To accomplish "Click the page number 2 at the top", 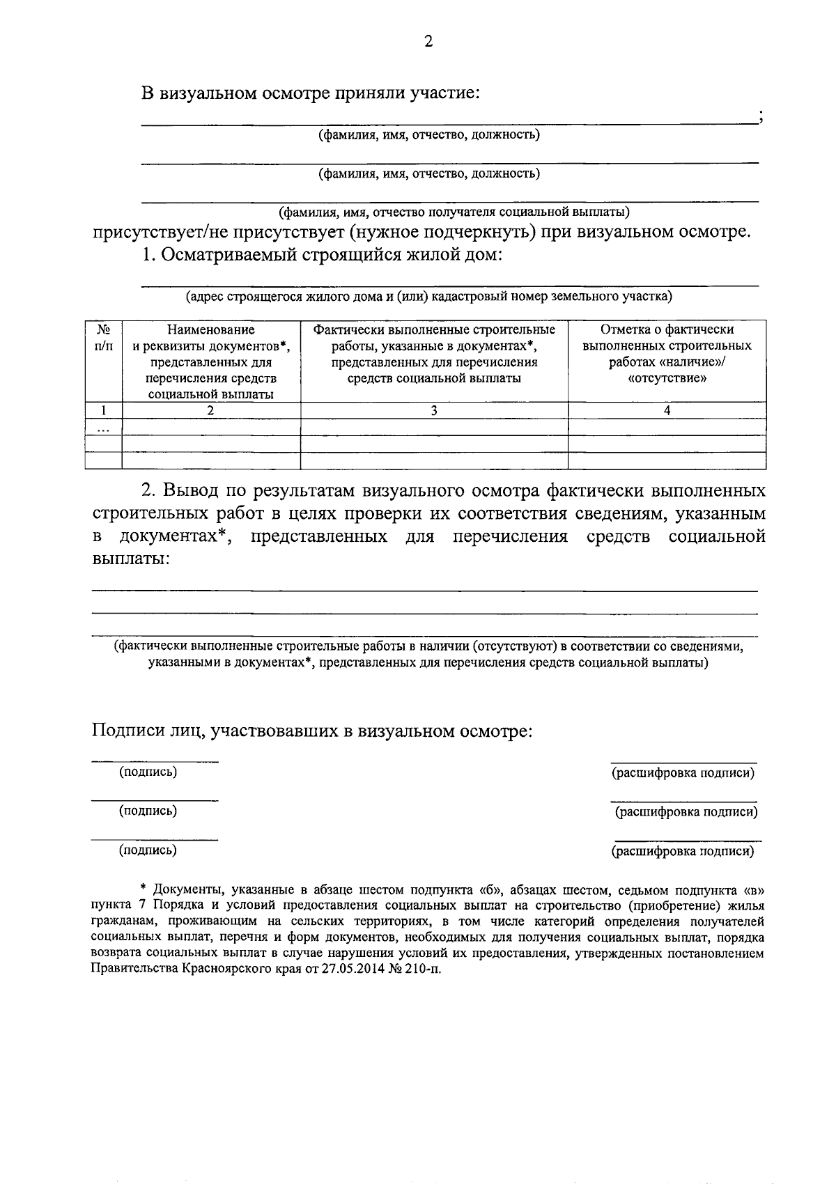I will pyautogui.click(x=428, y=42).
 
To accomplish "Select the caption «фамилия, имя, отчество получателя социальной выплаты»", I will pyautogui.click(x=454, y=211).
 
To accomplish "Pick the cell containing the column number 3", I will pyautogui.click(x=434, y=410).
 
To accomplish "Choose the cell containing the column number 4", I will pyautogui.click(x=667, y=410).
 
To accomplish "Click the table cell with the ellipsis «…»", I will pyautogui.click(x=103, y=427).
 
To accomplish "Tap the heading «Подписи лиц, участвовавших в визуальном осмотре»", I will pyautogui.click(x=312, y=731).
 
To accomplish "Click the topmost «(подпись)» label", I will pyautogui.click(x=148, y=772).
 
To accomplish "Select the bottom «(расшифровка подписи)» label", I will pyautogui.click(x=683, y=850).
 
